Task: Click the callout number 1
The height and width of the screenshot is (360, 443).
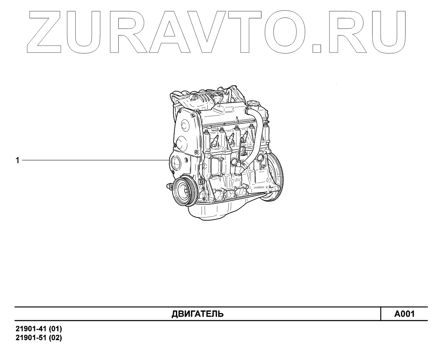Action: point(17,160)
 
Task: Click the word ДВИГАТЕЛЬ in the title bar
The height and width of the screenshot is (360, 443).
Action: point(197,314)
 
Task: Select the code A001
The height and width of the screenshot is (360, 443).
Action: point(404,314)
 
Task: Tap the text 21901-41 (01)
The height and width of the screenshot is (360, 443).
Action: point(39,329)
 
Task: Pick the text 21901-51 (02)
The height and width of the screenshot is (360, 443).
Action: point(39,338)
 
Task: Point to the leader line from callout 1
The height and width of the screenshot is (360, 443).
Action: point(94,160)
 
